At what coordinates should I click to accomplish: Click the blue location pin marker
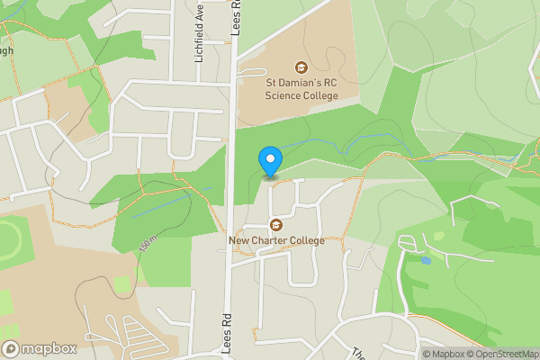(270, 161)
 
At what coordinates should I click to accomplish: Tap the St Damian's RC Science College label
(301, 88)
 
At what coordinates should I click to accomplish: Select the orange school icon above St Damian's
(301, 67)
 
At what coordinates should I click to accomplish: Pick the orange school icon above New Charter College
(276, 225)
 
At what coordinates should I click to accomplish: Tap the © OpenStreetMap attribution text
(503, 354)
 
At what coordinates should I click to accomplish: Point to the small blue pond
(425, 260)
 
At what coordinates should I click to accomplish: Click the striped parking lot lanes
(135, 336)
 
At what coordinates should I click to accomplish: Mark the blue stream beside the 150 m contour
(171, 202)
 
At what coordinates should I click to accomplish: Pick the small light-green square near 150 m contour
(122, 285)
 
